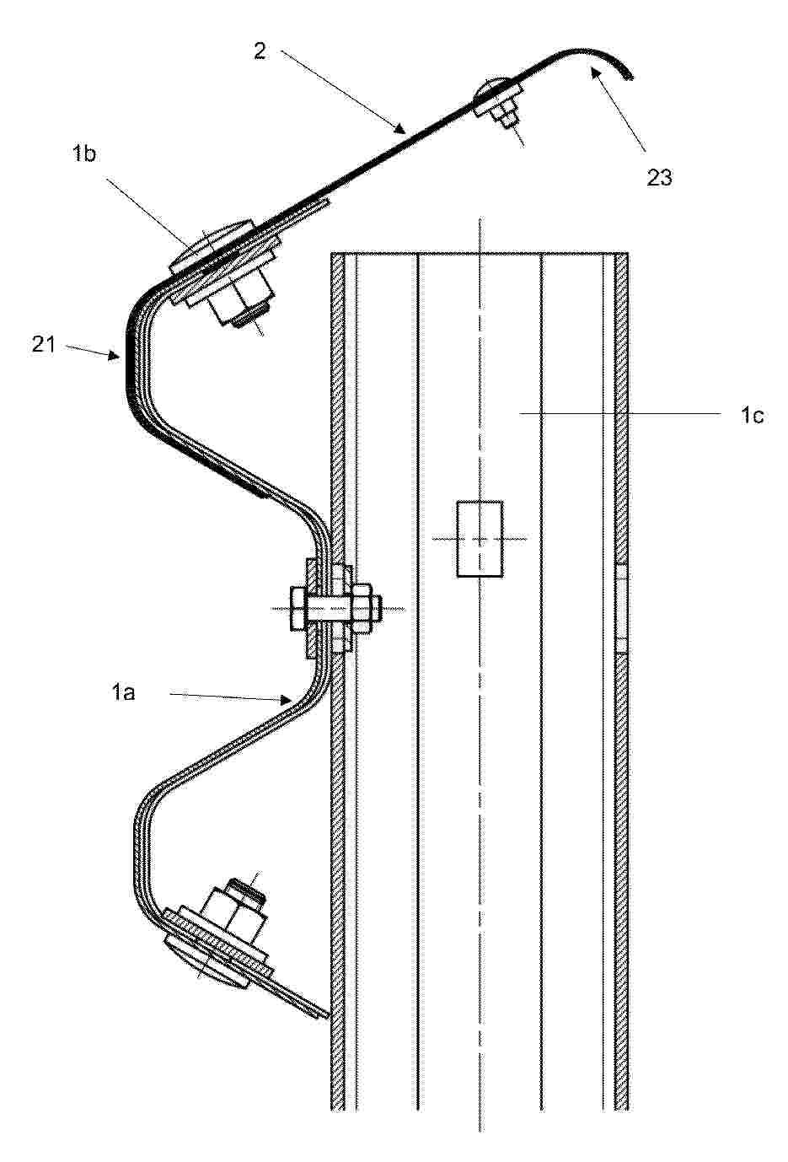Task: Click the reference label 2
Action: (x=260, y=51)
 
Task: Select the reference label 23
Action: (x=659, y=177)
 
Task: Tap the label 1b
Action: (x=84, y=154)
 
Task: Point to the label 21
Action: (x=43, y=344)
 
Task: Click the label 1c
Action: (x=752, y=415)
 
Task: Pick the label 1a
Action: (x=123, y=692)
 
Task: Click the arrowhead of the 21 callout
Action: (x=115, y=355)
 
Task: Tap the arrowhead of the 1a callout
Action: (x=287, y=700)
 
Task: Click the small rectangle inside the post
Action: (x=480, y=539)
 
